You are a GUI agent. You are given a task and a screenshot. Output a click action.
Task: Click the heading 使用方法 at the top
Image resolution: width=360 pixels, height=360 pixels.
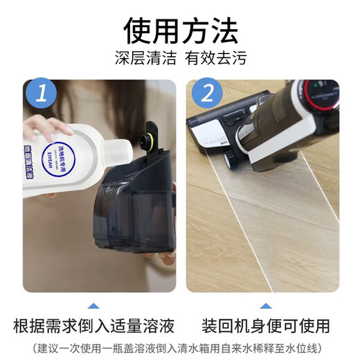[180, 28]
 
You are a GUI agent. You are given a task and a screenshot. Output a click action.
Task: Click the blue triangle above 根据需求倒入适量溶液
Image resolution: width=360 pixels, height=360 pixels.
[93, 305]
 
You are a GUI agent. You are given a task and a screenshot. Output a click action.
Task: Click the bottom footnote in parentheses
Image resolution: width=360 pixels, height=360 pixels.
[180, 348]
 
